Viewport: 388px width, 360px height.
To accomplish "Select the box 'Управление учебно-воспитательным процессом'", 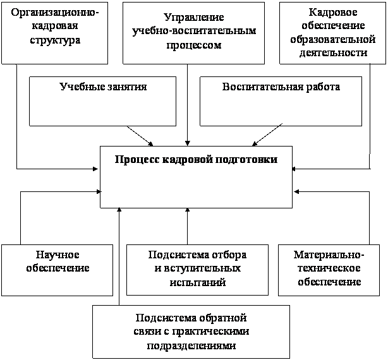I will coord(193,32).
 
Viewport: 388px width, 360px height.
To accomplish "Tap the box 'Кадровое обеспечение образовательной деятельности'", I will coord(332,32).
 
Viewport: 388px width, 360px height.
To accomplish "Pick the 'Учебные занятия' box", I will coord(102,101).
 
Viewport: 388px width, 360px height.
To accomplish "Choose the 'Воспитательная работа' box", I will coord(281,101).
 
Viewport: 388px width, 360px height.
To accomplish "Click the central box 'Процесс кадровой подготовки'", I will coord(196,177).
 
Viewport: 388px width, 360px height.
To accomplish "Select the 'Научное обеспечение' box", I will coord(58,270).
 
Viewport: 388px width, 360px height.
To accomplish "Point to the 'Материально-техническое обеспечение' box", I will coord(328,270).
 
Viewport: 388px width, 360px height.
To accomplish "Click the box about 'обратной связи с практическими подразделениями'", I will coord(191,332).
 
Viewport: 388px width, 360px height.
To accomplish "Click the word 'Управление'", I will coord(193,19).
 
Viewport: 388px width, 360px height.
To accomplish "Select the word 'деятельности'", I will coord(332,53).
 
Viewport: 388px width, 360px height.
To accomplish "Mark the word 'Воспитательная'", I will coord(258,87).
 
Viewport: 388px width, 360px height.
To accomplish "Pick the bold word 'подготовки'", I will coord(244,159).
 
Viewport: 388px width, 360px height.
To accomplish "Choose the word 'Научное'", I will coord(58,255).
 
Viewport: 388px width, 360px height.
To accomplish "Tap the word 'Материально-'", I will coord(329,255).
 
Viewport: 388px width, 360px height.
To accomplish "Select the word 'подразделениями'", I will coord(191,345).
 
